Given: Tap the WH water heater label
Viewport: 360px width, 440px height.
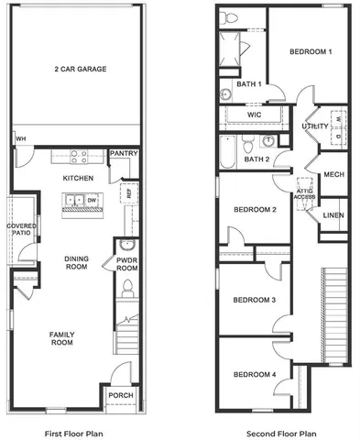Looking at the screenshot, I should (19, 139).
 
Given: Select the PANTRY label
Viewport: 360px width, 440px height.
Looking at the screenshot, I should (123, 153).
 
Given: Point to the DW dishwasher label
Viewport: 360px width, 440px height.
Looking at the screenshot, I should (91, 199).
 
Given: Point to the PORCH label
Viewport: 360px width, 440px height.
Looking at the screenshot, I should (121, 395).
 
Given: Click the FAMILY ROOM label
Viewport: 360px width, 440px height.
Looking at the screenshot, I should (62, 338).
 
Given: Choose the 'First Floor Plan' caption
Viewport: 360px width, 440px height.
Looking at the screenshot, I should (74, 433).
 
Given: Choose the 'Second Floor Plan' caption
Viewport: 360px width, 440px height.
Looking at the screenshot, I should (282, 433).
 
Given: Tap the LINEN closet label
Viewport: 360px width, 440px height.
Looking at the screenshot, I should (333, 216).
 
